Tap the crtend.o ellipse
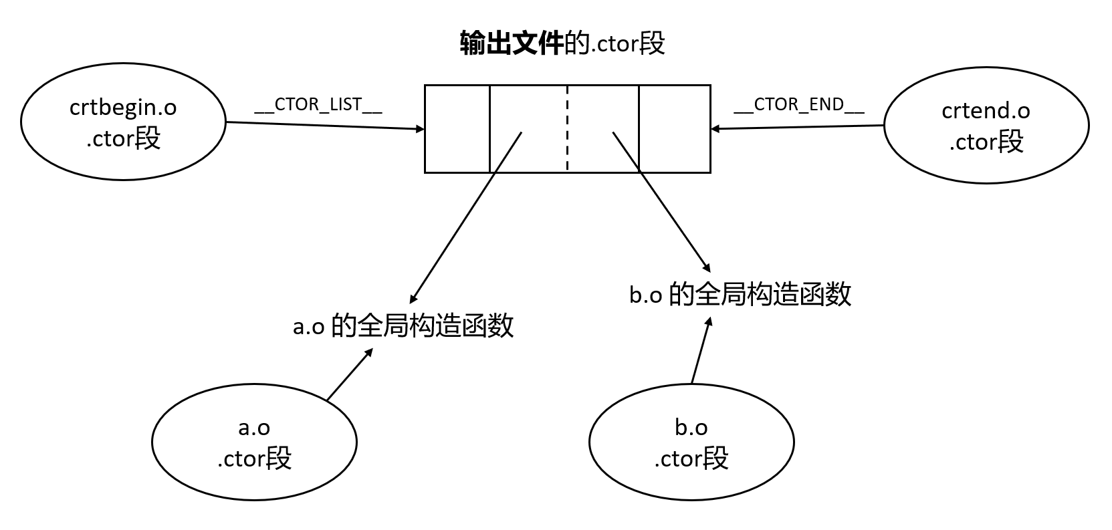pos(986,125)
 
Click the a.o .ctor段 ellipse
pos(254,442)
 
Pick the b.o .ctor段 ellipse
pos(691,442)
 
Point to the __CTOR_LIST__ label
pos(318,106)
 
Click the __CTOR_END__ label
pos(799,106)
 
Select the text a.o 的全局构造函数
pos(403,326)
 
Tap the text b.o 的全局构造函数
pos(740,294)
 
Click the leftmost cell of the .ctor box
pos(457,129)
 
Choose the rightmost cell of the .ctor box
pos(674,129)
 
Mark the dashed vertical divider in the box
pos(567,129)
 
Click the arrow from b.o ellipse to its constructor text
pos(700,350)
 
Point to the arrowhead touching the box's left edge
pos(421,129)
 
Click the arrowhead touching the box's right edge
pos(715,128)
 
